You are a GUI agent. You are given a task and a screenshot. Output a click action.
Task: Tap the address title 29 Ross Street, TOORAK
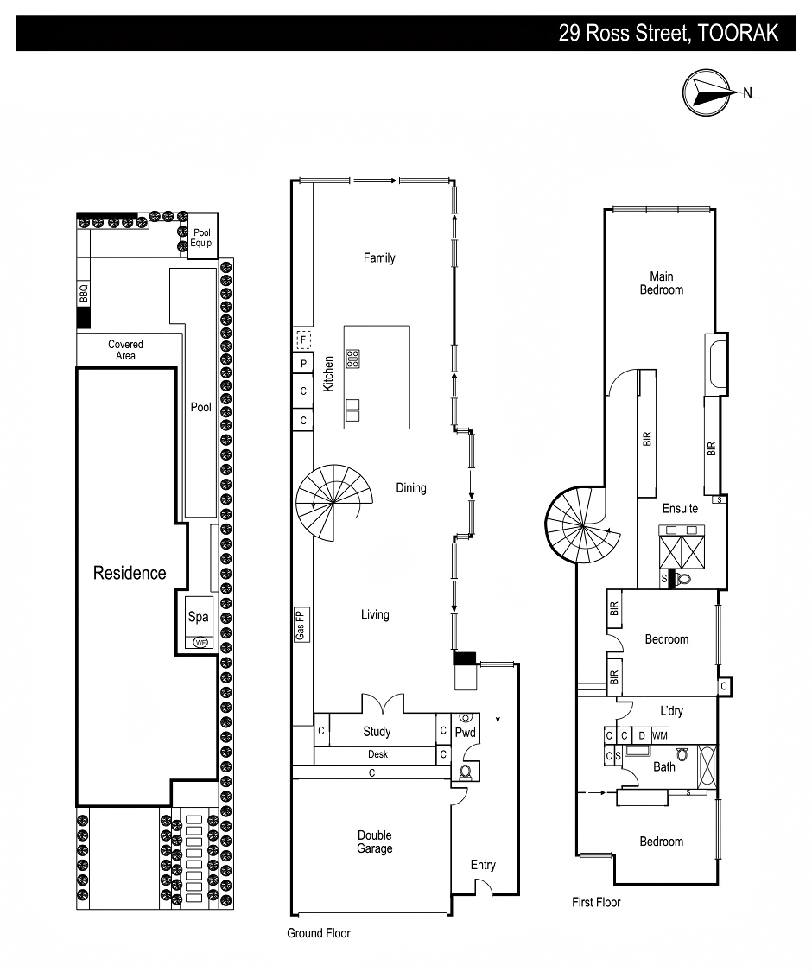click(x=669, y=33)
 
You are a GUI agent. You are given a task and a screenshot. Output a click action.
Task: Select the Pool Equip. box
click(x=201, y=238)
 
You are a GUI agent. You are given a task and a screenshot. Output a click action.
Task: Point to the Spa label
click(x=199, y=617)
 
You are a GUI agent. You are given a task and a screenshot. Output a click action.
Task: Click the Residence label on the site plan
click(x=130, y=573)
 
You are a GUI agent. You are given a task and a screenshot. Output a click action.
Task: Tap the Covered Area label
click(x=126, y=350)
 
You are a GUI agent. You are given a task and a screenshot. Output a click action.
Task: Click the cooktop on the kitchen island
click(x=352, y=358)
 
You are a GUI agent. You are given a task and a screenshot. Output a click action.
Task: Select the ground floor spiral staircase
click(x=333, y=502)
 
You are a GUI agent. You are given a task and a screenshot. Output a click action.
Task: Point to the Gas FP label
click(x=301, y=623)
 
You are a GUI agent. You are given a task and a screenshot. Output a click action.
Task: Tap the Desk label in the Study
click(x=377, y=754)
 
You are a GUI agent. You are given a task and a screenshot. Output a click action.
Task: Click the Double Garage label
click(x=375, y=842)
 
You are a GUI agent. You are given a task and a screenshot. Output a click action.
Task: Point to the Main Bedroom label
click(x=662, y=283)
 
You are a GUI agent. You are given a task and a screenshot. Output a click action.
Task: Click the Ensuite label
click(x=680, y=508)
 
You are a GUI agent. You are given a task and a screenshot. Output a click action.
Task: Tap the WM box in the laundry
click(x=660, y=735)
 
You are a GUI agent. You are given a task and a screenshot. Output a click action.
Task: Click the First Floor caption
click(x=596, y=902)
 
